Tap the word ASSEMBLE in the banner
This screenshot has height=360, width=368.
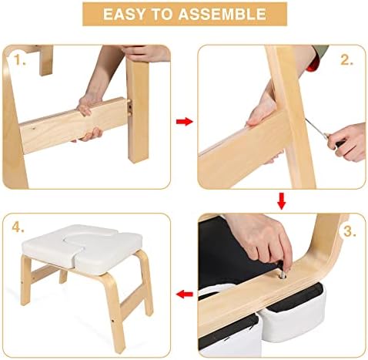222,14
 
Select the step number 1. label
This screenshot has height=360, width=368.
19,60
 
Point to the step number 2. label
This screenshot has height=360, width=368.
346,60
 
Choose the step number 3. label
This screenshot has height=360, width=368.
350,231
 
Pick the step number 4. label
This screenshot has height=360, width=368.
18,227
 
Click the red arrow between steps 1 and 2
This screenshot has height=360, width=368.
184,121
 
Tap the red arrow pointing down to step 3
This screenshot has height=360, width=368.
282,200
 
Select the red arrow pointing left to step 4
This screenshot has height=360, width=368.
185,294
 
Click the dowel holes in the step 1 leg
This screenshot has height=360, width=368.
131,109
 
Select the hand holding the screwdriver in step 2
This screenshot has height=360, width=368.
348,142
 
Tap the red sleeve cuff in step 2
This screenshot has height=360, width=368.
313,64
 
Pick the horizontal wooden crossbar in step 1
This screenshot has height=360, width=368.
74,125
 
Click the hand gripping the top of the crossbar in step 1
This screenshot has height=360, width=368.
87,105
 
